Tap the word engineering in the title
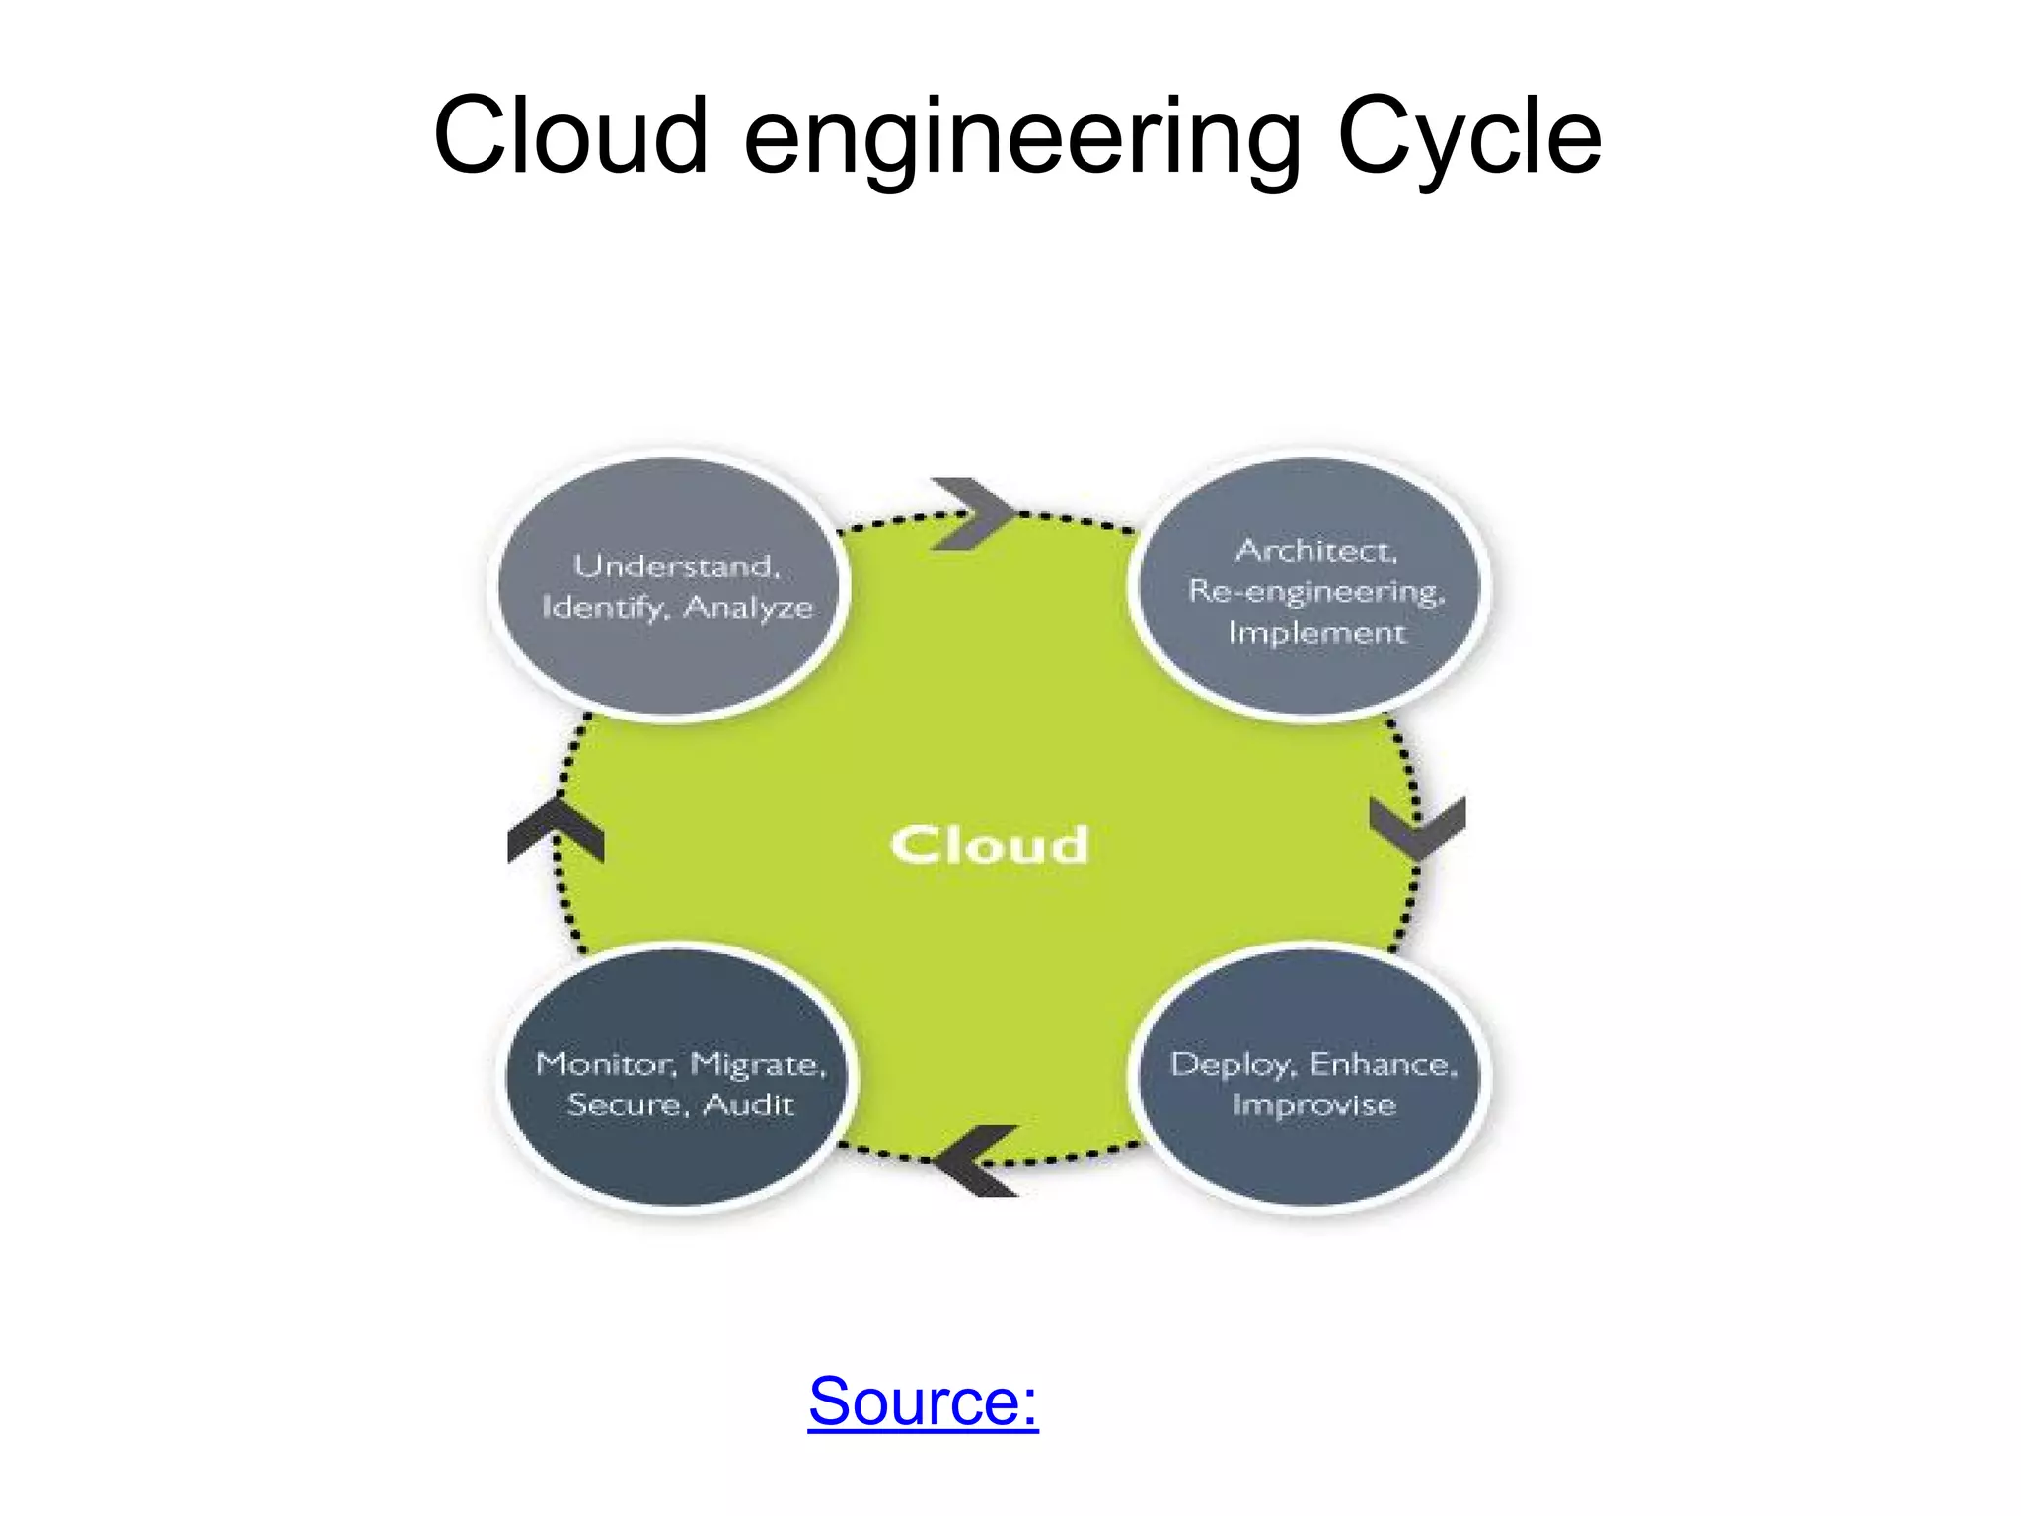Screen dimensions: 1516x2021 1021,138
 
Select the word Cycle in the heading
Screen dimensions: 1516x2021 1468,138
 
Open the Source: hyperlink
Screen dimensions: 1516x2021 923,1401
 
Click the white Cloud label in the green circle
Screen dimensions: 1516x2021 989,846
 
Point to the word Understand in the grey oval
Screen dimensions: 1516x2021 677,566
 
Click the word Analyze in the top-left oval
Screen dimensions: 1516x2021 748,607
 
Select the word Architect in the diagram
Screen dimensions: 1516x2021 1315,550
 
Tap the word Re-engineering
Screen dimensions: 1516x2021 1315,591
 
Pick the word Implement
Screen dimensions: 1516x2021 1315,632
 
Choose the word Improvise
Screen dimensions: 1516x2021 1313,1105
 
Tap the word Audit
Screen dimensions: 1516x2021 748,1104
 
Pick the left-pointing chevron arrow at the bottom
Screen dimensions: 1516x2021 974,1161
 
